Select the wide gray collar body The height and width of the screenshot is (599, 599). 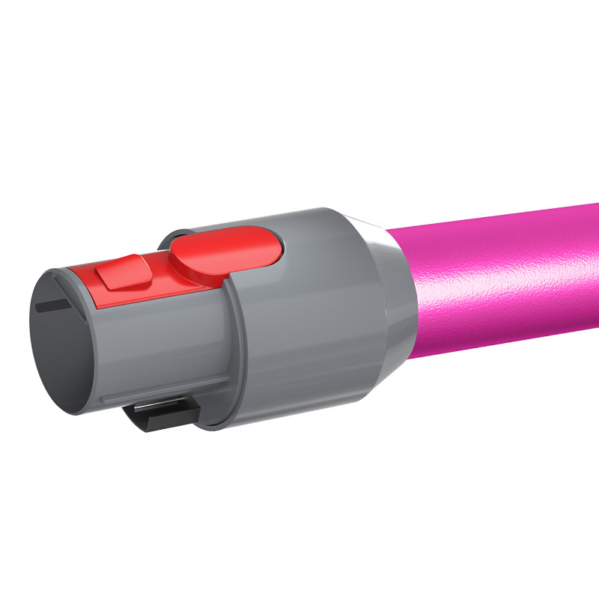point(314,314)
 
